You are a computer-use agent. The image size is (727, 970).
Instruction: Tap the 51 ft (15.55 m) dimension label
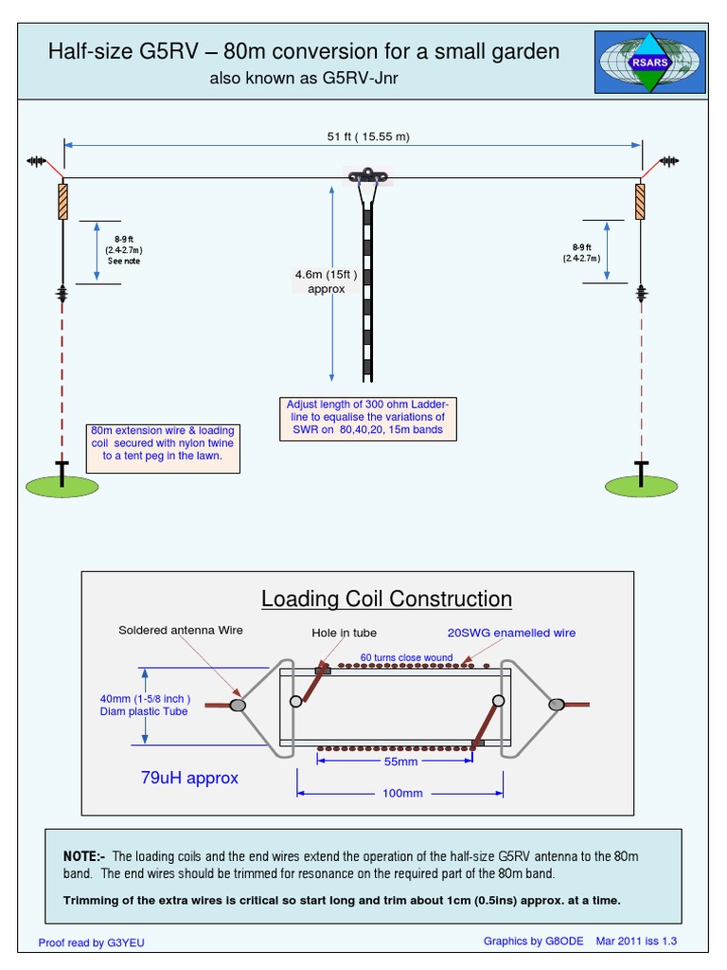[368, 136]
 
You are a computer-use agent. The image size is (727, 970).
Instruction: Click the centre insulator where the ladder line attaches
[364, 176]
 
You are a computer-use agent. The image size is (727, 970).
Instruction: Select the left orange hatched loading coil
[62, 202]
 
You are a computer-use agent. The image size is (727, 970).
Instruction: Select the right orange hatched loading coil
[640, 202]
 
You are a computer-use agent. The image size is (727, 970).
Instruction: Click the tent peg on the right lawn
[641, 473]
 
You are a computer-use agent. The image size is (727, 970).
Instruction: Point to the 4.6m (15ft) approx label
[327, 281]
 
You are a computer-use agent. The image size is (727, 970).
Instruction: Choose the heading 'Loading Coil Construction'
[386, 599]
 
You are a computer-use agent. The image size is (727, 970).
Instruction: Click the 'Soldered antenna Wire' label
[180, 631]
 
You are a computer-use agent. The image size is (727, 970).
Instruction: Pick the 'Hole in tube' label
[344, 633]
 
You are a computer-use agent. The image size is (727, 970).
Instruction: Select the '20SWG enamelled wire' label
[511, 633]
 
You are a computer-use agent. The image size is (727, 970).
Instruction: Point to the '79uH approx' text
[189, 778]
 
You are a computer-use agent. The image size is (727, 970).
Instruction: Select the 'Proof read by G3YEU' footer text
[92, 943]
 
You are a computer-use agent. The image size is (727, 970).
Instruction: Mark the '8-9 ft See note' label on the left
[123, 251]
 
